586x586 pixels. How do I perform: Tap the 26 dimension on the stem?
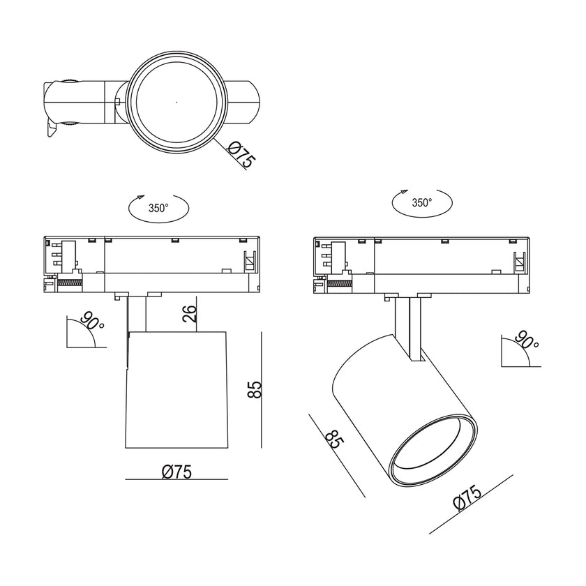[190, 313]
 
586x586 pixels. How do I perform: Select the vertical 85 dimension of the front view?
[255, 389]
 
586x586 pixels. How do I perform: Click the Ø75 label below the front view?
[176, 472]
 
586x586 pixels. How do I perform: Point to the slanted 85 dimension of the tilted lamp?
[333, 439]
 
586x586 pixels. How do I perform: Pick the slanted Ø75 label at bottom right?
[467, 497]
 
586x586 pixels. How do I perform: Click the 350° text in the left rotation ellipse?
[158, 208]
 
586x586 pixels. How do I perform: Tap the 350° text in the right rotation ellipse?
[422, 202]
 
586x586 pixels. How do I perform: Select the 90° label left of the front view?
[92, 320]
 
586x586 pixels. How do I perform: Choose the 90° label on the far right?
[526, 340]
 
